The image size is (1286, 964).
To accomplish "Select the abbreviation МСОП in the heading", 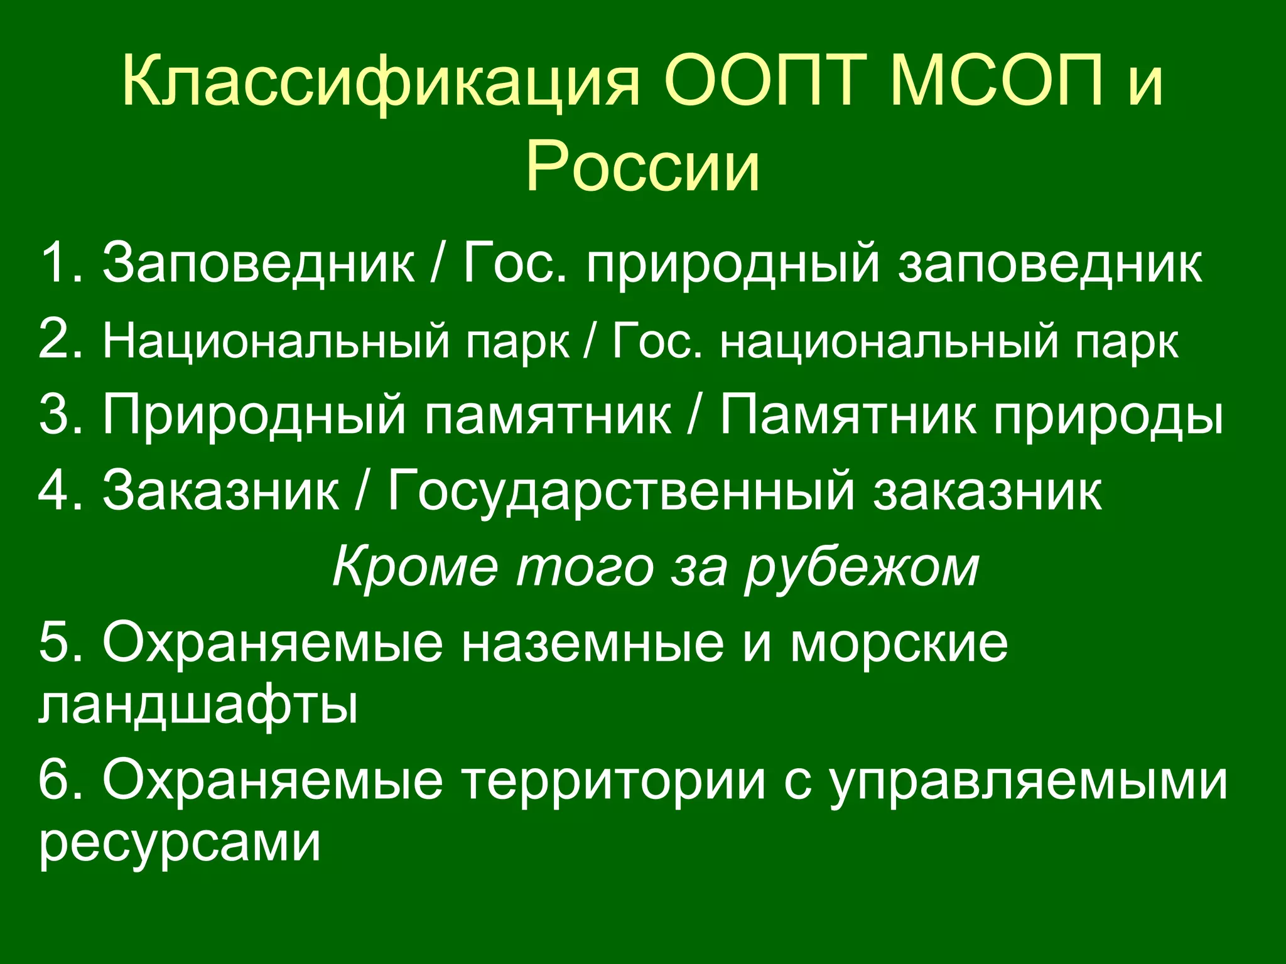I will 996,82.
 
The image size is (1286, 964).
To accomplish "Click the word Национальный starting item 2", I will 276,341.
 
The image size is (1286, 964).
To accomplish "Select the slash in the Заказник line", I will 360,490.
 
